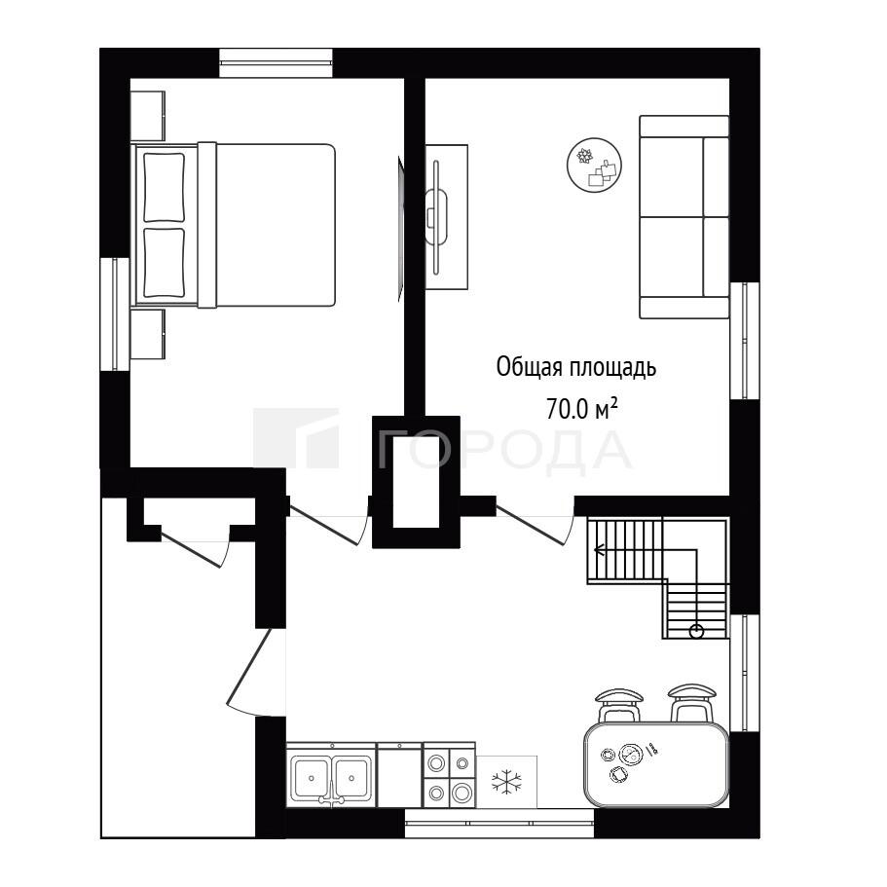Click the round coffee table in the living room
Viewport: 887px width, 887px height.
click(595, 165)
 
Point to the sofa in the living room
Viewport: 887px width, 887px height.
click(684, 217)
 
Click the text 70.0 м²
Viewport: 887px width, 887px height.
click(581, 408)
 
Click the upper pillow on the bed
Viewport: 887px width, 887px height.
click(164, 187)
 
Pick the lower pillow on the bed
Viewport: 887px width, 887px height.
click(164, 263)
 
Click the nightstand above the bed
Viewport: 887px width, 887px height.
click(148, 116)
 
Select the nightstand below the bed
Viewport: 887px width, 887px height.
click(148, 334)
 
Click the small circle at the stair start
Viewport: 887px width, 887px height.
click(696, 631)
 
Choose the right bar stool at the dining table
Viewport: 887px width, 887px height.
click(691, 703)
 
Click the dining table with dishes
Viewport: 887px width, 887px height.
click(656, 764)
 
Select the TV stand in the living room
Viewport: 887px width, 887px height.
click(446, 217)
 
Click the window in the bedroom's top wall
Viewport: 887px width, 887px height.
click(276, 62)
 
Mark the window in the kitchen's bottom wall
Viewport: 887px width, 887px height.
click(499, 823)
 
